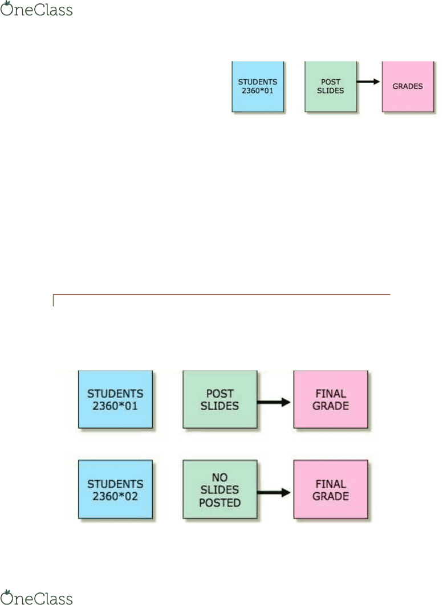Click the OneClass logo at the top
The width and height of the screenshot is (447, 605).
(x=36, y=9)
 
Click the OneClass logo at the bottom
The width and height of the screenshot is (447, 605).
(x=36, y=597)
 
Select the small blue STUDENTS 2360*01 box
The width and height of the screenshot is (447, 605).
(x=258, y=87)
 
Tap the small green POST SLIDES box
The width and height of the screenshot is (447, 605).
(x=331, y=87)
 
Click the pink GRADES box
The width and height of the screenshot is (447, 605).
(x=408, y=87)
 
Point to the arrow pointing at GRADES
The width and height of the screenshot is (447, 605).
(x=368, y=82)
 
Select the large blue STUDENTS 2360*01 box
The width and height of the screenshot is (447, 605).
(x=115, y=399)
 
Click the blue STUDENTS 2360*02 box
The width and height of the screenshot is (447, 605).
(x=115, y=489)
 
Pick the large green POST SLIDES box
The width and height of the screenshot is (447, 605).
(x=220, y=399)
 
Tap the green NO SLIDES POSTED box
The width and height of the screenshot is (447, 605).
(x=220, y=489)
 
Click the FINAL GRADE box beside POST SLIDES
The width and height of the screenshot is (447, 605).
(x=331, y=399)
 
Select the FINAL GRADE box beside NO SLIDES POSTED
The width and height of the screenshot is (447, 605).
(x=331, y=489)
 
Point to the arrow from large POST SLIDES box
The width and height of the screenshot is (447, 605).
(x=274, y=402)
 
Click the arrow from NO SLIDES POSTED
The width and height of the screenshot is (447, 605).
(x=274, y=492)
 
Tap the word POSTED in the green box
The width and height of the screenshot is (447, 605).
(x=220, y=503)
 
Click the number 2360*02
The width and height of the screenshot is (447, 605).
(x=115, y=496)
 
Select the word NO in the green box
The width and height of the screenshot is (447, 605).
(x=220, y=477)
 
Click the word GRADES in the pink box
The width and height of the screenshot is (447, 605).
(x=408, y=87)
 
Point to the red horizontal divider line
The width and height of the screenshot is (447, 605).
(x=222, y=295)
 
